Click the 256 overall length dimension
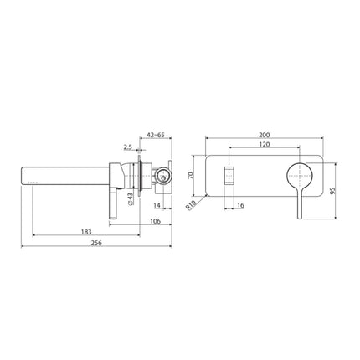click(x=100, y=242)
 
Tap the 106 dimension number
click(x=155, y=220)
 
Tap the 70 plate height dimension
click(x=190, y=177)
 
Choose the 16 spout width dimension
click(x=240, y=204)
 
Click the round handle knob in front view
click(x=300, y=177)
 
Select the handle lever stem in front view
click(x=299, y=206)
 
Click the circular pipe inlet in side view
click(x=162, y=177)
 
